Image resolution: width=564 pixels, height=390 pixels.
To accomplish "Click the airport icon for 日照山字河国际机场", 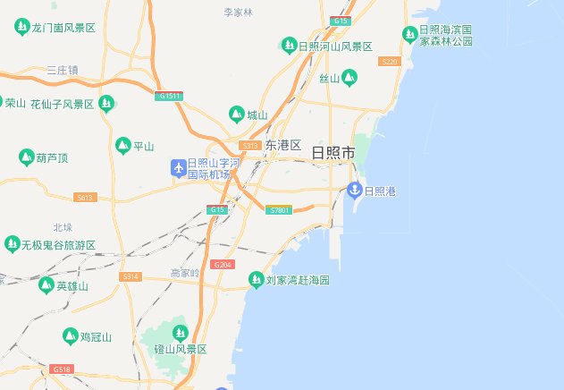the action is click(x=178, y=167).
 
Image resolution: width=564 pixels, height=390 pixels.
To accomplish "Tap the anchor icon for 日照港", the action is click(x=354, y=190).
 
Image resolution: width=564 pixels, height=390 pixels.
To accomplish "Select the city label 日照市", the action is click(x=333, y=153).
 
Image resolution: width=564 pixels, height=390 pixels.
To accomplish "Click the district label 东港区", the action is click(x=283, y=145).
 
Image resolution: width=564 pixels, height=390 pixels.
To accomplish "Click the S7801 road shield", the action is click(x=280, y=210).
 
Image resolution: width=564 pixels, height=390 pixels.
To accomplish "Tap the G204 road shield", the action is click(x=223, y=265).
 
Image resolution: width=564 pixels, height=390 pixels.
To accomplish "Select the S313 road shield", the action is click(x=250, y=145).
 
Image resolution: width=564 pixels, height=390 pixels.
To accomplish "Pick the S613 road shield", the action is click(x=86, y=197).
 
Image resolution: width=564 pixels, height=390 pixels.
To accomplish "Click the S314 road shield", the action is click(x=131, y=277).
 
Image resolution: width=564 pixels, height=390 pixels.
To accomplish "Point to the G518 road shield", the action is click(x=62, y=369).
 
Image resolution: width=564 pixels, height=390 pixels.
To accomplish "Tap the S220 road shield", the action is click(x=389, y=61).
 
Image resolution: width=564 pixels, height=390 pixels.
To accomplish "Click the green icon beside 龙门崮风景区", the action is click(x=21, y=28).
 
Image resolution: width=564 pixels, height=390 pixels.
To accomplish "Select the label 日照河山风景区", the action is click(x=335, y=46).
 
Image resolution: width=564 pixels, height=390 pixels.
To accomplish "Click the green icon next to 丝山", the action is click(x=349, y=78).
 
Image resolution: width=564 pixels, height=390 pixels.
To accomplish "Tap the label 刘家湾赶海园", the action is click(x=299, y=281).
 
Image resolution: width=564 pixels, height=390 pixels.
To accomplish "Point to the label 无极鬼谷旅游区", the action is click(x=59, y=244).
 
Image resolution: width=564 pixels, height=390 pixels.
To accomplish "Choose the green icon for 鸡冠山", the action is click(x=70, y=336).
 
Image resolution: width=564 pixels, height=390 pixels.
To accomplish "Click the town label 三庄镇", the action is click(x=63, y=70).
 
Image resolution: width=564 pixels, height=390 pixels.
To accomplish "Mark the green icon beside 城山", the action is click(x=237, y=114).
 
